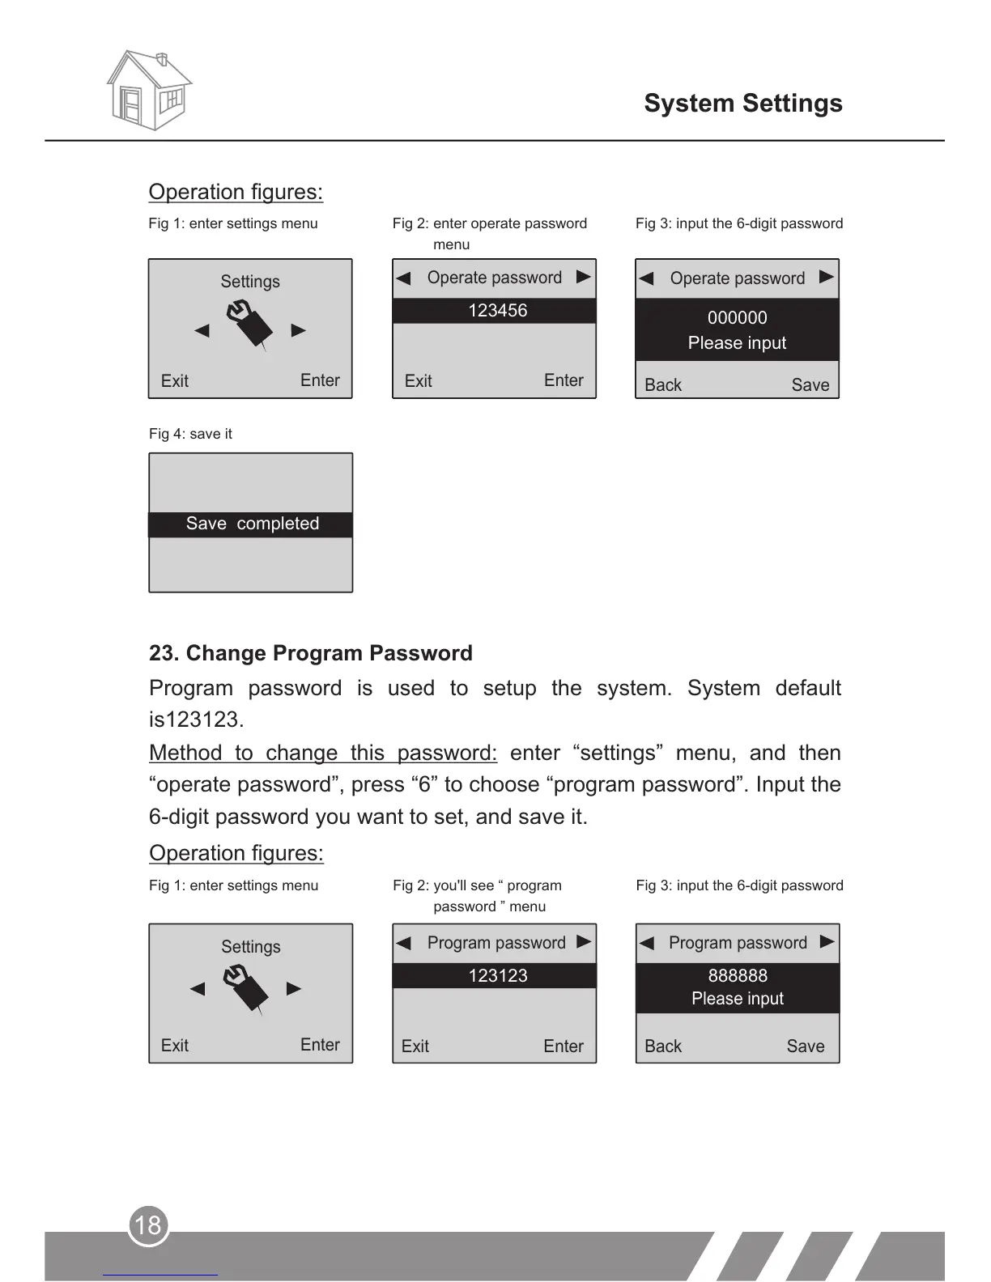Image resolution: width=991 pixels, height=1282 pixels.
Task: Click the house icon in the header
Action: coord(149,90)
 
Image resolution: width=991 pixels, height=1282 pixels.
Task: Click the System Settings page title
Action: coord(742,104)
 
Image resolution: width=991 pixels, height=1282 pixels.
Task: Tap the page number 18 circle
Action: coord(148,1225)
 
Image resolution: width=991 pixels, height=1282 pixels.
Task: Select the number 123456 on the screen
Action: coord(497,311)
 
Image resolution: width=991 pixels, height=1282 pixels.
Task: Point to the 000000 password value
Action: coord(737,317)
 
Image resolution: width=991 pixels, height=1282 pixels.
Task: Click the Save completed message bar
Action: coord(252,524)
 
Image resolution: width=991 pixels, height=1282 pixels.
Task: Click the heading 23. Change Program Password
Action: coord(310,653)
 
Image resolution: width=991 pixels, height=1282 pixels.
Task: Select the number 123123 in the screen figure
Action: coord(497,976)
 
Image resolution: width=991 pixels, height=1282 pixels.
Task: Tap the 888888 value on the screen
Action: coord(737,975)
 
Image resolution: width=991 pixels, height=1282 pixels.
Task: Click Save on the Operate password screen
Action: coord(810,385)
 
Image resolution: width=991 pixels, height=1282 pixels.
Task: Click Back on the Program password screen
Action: coord(662,1046)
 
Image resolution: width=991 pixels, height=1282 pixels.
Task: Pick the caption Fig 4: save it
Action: coord(190,434)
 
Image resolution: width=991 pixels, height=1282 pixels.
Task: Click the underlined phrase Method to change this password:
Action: coord(322,753)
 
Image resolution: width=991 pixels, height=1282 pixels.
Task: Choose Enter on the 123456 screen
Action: coord(563,380)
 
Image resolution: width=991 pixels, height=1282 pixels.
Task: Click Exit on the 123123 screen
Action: coord(415,1046)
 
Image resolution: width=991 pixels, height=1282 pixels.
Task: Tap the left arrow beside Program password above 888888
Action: coord(646,943)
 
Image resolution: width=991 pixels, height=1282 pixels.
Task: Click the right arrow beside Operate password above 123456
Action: coord(583,277)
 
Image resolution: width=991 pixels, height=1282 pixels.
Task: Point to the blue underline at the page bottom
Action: coord(159,1275)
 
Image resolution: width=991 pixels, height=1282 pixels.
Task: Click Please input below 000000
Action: coord(737,343)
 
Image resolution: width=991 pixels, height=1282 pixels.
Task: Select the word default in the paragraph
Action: coord(807,688)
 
